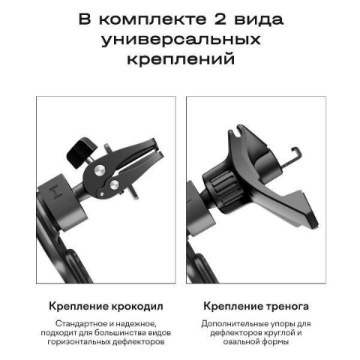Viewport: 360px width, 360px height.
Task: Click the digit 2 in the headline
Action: click(x=220, y=19)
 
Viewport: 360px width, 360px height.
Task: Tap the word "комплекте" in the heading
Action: click(x=153, y=19)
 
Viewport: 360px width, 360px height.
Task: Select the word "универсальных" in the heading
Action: click(x=181, y=40)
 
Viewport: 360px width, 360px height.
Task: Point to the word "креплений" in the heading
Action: click(x=181, y=59)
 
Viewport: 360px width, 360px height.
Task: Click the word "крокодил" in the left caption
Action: click(x=137, y=307)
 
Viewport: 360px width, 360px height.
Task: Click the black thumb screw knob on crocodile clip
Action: click(x=82, y=151)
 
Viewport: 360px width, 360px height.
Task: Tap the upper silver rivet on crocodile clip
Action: click(x=100, y=170)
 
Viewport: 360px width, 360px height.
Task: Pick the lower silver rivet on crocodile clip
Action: click(x=114, y=184)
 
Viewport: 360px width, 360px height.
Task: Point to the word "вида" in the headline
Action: click(x=259, y=20)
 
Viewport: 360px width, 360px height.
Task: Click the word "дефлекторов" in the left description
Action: click(x=138, y=342)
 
